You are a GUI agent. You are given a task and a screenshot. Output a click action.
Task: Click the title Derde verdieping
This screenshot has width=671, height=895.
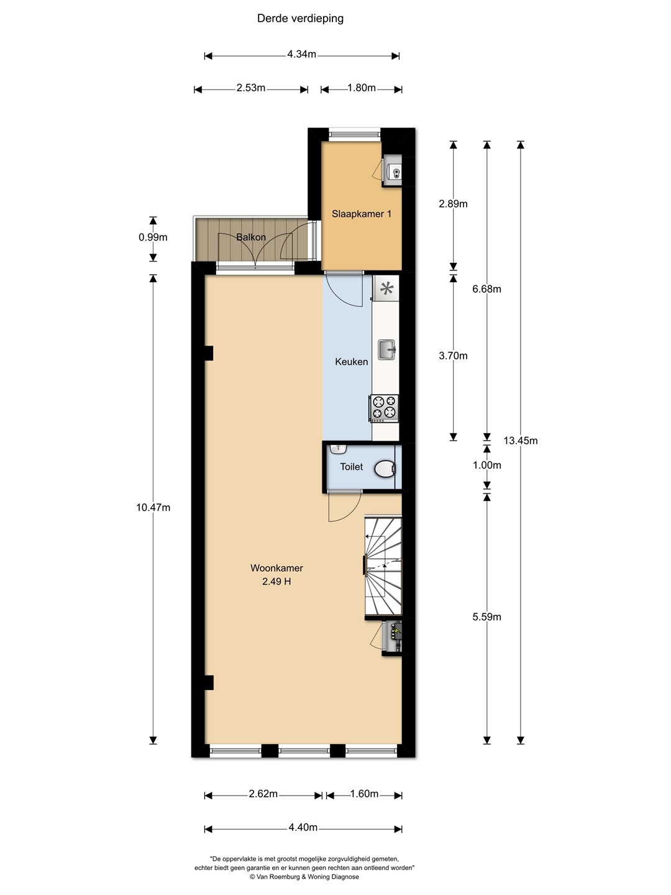click(x=300, y=19)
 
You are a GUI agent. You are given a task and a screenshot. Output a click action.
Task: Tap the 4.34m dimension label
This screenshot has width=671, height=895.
click(x=301, y=54)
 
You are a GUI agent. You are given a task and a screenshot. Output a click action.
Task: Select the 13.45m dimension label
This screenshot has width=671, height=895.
click(x=520, y=441)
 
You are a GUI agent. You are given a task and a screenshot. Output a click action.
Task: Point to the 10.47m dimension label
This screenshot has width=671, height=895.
click(x=153, y=507)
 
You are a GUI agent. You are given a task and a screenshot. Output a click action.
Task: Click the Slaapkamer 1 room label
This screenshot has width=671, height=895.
click(x=362, y=214)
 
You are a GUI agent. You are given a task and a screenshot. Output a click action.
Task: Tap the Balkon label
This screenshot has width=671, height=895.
click(x=251, y=237)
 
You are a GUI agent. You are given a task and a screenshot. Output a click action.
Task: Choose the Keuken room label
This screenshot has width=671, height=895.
click(x=351, y=362)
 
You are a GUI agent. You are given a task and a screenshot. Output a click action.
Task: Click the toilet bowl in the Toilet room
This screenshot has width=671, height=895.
click(x=385, y=469)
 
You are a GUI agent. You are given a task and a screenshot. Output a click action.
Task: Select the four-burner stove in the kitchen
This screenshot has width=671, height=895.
click(x=384, y=408)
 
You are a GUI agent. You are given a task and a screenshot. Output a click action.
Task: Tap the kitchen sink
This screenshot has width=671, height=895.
click(x=386, y=350)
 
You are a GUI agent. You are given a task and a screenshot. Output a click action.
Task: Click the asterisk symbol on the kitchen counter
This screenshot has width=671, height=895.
click(x=386, y=288)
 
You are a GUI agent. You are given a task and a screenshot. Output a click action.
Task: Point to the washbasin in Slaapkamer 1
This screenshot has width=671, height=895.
click(x=393, y=172)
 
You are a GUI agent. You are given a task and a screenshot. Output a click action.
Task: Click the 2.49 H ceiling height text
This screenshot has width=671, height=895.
click(x=276, y=582)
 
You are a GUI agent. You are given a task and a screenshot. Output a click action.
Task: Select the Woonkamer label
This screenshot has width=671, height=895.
click(x=276, y=568)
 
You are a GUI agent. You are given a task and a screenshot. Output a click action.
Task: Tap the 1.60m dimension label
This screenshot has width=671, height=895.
click(x=364, y=794)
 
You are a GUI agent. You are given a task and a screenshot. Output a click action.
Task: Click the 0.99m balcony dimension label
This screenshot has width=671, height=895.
click(x=153, y=237)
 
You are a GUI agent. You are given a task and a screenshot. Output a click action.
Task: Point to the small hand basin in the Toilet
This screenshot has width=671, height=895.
click(x=338, y=449)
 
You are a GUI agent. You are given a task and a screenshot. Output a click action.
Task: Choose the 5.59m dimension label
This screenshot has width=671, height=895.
click(x=487, y=617)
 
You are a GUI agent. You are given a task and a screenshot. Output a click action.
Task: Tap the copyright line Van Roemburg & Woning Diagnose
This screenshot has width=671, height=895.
click(x=304, y=876)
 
